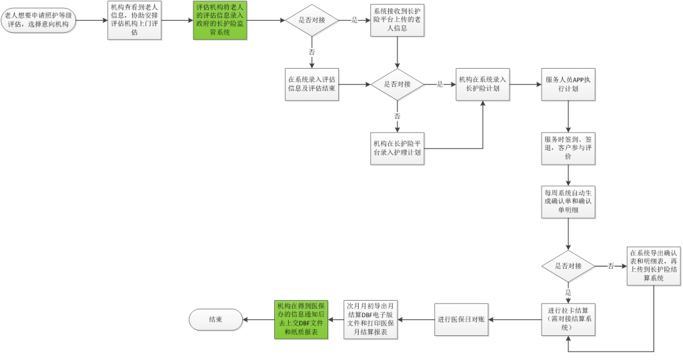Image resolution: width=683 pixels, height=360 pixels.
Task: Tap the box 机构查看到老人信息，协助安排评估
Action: point(135,21)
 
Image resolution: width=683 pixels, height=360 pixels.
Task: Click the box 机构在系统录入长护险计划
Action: point(483,85)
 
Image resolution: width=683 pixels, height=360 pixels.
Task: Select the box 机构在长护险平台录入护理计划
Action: point(398,148)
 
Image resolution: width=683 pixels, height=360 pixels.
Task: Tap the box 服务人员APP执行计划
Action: point(568,85)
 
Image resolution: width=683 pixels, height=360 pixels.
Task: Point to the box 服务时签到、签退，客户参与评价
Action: point(568,147)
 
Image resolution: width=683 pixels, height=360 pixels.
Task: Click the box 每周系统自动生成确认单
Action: point(568,201)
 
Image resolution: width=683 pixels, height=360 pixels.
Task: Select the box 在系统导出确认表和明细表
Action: point(654,267)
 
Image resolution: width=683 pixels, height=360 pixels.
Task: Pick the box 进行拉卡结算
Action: point(568,319)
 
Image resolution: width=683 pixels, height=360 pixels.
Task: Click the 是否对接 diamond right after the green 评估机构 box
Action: point(311,21)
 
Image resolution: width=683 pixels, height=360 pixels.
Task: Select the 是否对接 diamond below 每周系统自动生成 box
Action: point(568,267)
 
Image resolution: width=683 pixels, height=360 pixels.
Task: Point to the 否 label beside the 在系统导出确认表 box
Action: point(611,267)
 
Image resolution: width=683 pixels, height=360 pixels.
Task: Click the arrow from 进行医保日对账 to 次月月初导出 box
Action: point(417,319)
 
